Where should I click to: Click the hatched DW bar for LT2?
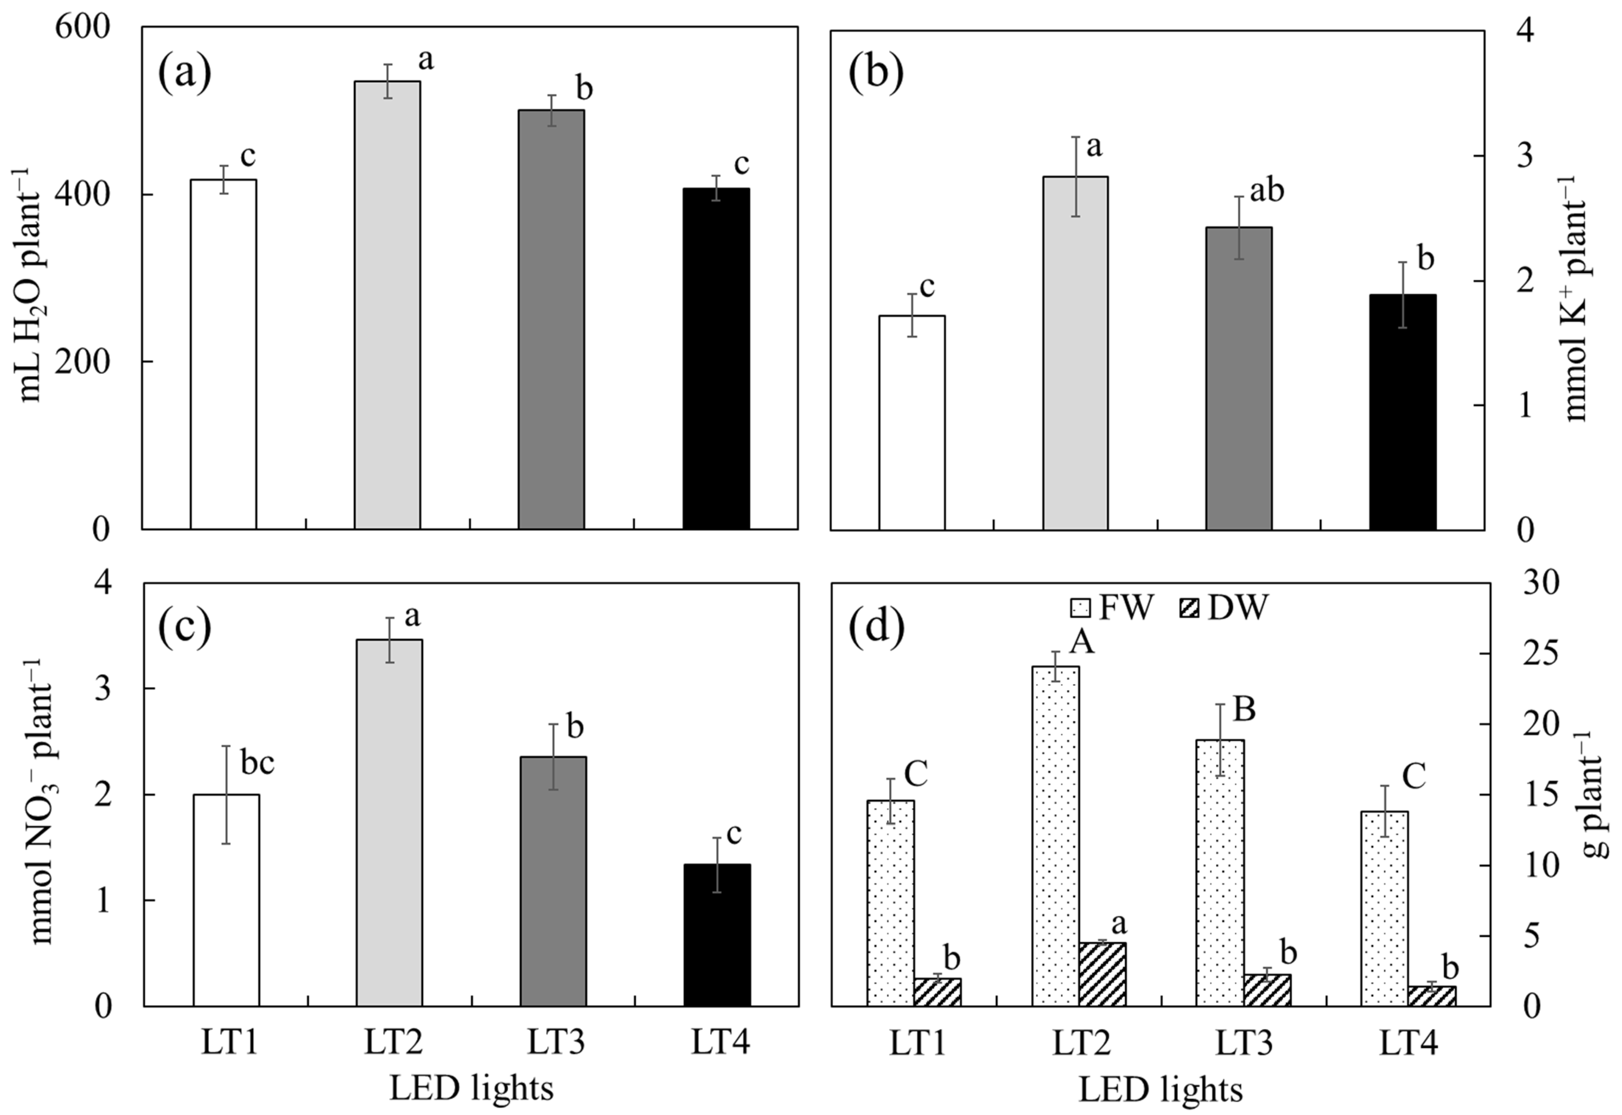point(1102,974)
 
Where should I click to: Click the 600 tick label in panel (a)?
point(82,28)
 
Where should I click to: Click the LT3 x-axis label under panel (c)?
point(556,1044)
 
